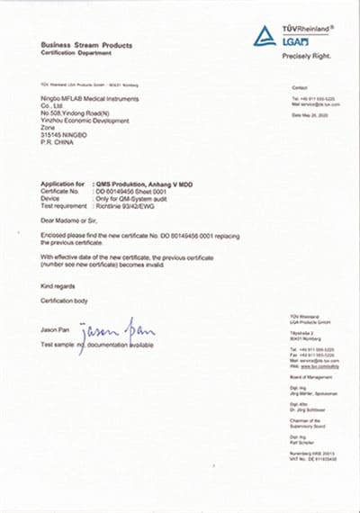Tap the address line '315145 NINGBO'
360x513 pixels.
point(66,134)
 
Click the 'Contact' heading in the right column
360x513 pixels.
point(300,87)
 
